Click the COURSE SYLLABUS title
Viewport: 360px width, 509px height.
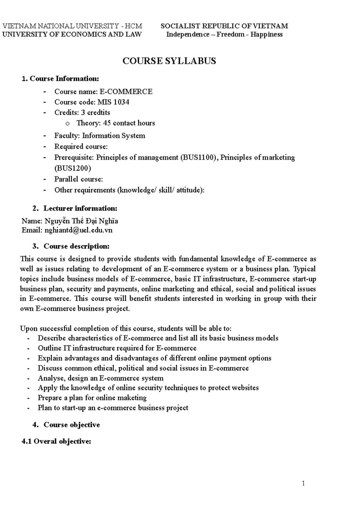(169, 61)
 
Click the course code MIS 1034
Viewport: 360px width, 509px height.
(113, 102)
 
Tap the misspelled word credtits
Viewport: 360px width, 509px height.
(98, 113)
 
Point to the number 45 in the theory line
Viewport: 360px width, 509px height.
(107, 123)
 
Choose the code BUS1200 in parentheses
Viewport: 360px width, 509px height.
(72, 168)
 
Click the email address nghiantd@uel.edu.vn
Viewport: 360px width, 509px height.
(78, 230)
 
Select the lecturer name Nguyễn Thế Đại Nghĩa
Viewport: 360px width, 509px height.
(81, 221)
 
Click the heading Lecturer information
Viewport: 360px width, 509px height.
(80, 208)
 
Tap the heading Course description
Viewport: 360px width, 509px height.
(76, 246)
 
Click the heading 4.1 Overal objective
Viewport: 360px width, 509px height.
(56, 442)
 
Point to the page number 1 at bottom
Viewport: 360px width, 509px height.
(303, 483)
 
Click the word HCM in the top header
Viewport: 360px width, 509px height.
(135, 26)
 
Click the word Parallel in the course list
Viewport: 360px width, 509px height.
(65, 179)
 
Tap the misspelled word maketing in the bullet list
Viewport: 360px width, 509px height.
(134, 398)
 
